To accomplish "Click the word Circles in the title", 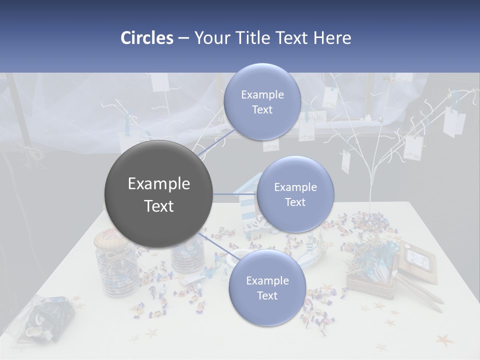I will [147, 38].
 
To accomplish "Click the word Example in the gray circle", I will [159, 184].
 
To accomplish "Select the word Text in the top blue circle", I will [262, 110].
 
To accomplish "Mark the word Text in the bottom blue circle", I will [267, 295].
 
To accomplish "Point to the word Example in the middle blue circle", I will [295, 187].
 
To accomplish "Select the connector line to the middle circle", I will [234, 194].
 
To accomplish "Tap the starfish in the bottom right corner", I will [444, 340].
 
